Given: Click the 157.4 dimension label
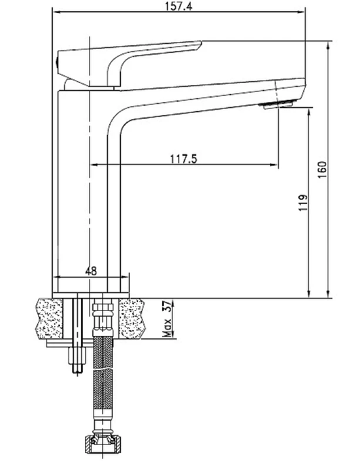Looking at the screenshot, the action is coord(179,6).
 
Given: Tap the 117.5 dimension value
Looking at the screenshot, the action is coord(184,159).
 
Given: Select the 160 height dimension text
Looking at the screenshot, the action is coord(322,170).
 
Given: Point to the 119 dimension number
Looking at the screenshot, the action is coord(303,203).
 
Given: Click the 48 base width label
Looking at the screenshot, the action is coord(91,271).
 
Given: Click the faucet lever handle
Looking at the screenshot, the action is coord(129,63).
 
